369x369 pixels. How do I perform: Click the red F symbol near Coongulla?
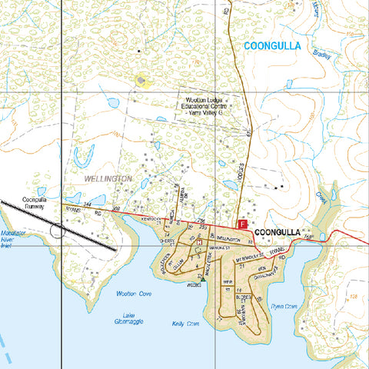[244, 224]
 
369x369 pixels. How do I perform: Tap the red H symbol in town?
[200, 242]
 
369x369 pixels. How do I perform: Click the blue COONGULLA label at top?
[273, 47]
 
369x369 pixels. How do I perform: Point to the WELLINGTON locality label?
[107, 178]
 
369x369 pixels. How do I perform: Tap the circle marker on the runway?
[58, 229]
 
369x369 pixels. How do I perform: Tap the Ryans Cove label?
[284, 305]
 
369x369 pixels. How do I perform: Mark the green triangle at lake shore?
[203, 279]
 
